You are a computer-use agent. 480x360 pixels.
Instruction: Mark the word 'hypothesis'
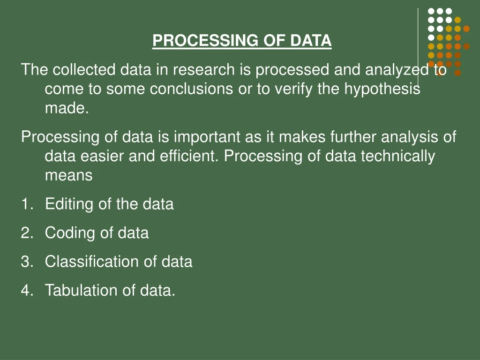point(382,89)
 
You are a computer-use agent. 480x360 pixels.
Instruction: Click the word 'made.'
point(67,108)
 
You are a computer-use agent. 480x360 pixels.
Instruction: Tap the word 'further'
point(354,137)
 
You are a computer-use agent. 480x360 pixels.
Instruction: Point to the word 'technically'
point(398,156)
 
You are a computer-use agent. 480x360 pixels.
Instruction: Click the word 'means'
point(68,175)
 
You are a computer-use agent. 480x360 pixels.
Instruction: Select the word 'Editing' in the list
point(69,204)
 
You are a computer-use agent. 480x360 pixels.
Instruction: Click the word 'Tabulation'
point(82,290)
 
